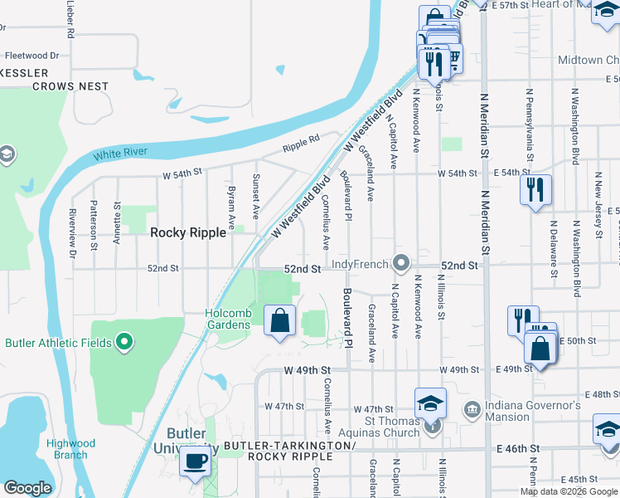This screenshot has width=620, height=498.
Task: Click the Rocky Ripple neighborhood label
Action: point(187,233)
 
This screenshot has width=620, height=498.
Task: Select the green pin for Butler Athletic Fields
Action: point(124,341)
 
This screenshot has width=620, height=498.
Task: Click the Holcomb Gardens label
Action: point(228,319)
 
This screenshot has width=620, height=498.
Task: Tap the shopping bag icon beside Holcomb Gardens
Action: point(280,320)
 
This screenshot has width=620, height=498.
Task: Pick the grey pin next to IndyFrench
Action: point(402,264)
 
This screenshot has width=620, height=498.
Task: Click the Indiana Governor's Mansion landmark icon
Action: point(472,408)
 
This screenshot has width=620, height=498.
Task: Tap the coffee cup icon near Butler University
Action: point(196,461)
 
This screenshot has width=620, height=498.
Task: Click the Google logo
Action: point(28,487)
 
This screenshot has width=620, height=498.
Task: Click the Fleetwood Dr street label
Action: point(32,56)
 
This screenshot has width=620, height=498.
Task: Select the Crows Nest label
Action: point(70,85)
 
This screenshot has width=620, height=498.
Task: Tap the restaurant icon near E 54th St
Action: point(535,189)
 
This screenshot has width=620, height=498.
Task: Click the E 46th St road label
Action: point(518,448)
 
